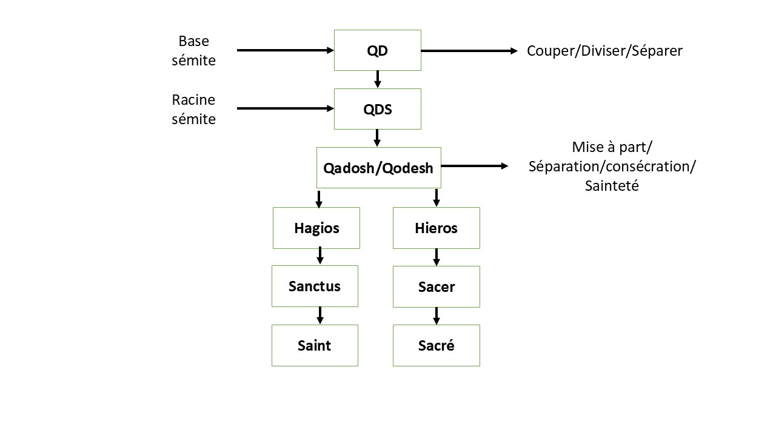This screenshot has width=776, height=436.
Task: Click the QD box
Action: click(377, 50)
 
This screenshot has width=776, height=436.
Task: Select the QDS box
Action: click(377, 109)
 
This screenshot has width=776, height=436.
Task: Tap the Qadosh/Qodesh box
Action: click(378, 168)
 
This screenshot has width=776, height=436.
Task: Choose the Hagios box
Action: click(316, 228)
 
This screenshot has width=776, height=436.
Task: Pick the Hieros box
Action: click(436, 228)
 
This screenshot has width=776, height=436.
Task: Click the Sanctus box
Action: click(315, 286)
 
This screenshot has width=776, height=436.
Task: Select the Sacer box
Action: click(436, 286)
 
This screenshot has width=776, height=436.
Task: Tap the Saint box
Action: click(315, 345)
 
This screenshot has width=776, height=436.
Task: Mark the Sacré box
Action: click(436, 345)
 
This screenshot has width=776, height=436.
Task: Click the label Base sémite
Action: click(194, 51)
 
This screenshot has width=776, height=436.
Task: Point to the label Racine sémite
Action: click(194, 109)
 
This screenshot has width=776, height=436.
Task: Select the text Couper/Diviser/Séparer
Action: click(604, 51)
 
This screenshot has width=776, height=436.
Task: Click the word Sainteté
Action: click(612, 186)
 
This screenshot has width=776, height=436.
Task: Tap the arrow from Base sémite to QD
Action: click(285, 50)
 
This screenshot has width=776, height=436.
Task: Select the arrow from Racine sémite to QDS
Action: click(285, 109)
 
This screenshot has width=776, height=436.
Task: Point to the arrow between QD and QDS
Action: click(377, 79)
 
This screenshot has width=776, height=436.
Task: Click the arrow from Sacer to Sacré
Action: click(436, 315)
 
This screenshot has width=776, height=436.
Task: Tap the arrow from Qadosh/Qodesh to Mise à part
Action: click(475, 165)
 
